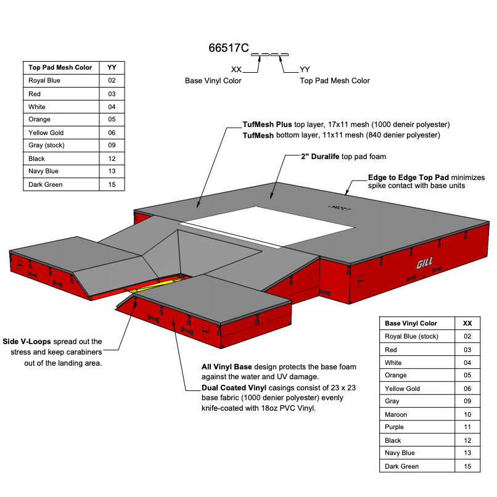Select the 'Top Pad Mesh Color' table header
coord(60,67)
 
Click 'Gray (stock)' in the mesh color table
coord(46,146)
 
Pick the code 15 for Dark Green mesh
coord(112,184)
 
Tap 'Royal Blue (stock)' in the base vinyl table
coord(411,337)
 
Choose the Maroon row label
coord(396,414)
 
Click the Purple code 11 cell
coord(467,427)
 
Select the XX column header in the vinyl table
coord(467,323)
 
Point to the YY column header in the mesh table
coord(112,67)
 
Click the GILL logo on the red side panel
coord(424,263)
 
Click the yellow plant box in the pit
coord(154,284)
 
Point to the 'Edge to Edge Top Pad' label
coord(406,177)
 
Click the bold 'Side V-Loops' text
coord(27,342)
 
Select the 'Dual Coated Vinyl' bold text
coord(234,388)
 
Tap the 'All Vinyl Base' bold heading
coord(227,367)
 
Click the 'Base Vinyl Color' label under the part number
coord(213,81)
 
